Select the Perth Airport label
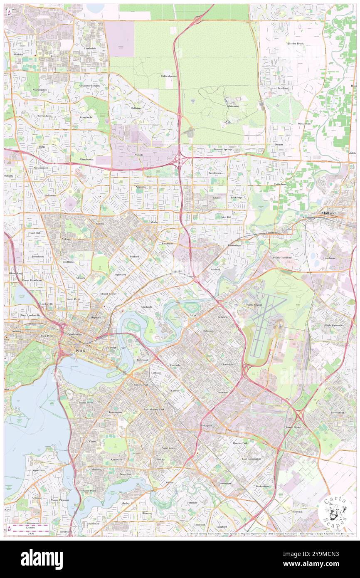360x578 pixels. point(254,305)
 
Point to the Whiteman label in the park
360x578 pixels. point(233,106)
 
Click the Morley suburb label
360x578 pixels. point(154,222)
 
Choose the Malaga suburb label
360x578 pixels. point(138,155)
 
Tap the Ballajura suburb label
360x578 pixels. point(136,108)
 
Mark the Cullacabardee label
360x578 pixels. point(169,77)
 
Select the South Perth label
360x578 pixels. point(86,403)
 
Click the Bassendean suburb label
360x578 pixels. point(234,245)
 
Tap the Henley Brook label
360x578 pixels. point(296,44)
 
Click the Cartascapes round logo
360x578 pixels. point(335,511)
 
